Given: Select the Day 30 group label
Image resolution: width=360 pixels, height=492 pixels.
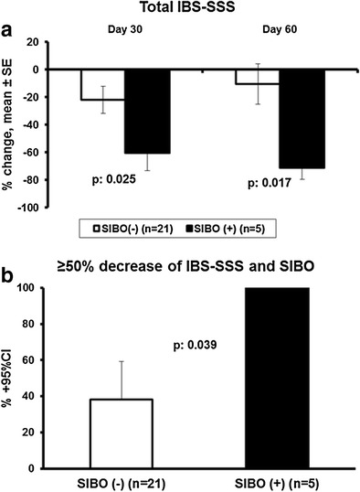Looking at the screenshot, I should tap(123, 28).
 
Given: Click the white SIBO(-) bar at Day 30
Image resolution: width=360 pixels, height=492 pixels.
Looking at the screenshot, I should tap(102, 84).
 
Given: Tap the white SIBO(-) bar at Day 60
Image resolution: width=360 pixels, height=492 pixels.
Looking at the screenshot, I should tap(257, 76).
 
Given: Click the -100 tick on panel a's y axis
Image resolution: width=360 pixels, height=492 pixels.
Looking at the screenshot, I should tap(33, 208).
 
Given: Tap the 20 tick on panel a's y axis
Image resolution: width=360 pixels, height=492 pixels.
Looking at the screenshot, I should tap(38, 42).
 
